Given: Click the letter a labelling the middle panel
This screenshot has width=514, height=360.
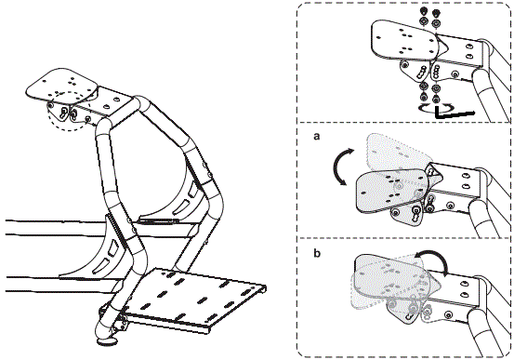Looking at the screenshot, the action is (x=317, y=136).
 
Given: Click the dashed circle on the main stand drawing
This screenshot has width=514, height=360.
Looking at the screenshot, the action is (x=69, y=113).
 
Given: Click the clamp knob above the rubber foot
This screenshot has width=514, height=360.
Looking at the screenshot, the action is (x=120, y=322).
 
